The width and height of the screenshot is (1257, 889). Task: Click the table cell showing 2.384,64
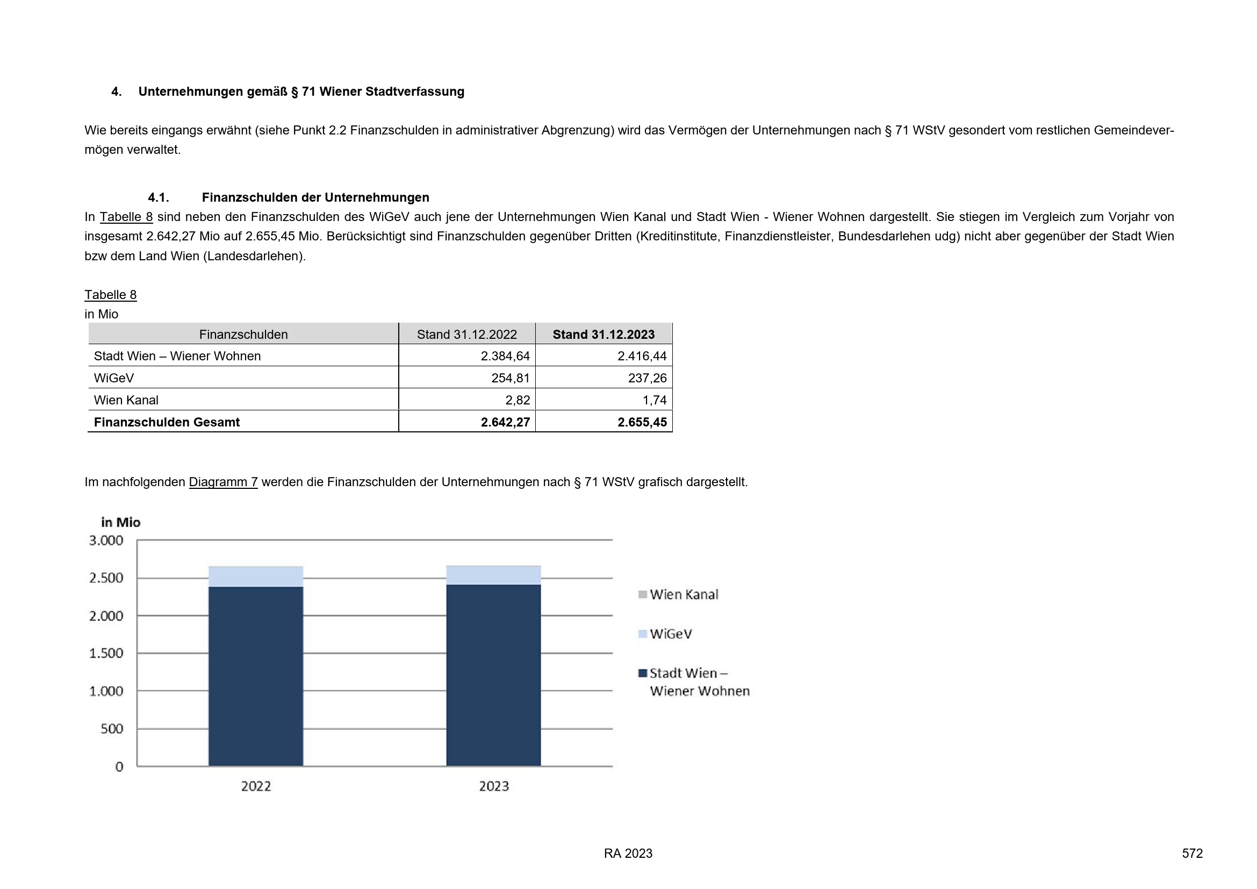point(505,356)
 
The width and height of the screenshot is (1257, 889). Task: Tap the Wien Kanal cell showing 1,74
point(654,400)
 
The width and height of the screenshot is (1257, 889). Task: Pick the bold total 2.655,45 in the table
point(642,422)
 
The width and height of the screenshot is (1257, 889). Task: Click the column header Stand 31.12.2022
point(466,335)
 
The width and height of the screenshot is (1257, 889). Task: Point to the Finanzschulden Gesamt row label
point(167,422)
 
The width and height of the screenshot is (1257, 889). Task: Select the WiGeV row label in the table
point(114,378)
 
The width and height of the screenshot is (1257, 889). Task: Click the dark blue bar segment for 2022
point(256,676)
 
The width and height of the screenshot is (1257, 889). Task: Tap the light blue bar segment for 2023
point(493,575)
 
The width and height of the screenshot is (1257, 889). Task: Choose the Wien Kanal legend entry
point(683,595)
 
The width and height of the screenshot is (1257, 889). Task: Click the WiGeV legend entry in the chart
point(670,634)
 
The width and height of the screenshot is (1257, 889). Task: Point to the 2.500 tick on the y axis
point(106,578)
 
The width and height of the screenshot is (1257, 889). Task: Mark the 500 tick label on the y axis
point(112,729)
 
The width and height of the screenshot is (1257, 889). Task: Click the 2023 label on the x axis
point(494,787)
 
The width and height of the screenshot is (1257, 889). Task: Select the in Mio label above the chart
point(120,523)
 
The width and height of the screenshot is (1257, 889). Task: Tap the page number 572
point(1192,854)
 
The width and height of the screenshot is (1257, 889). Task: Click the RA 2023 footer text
point(628,854)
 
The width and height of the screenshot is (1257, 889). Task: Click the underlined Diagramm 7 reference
point(223,482)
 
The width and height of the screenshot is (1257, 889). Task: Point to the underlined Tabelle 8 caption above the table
point(110,295)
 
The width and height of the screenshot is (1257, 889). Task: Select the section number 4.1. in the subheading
point(158,198)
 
